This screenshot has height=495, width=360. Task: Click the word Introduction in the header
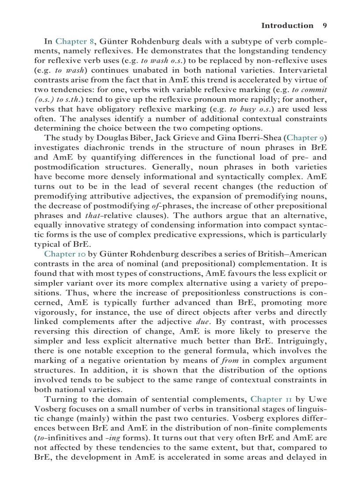click(x=287, y=26)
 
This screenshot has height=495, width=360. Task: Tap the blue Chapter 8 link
click(x=75, y=41)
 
